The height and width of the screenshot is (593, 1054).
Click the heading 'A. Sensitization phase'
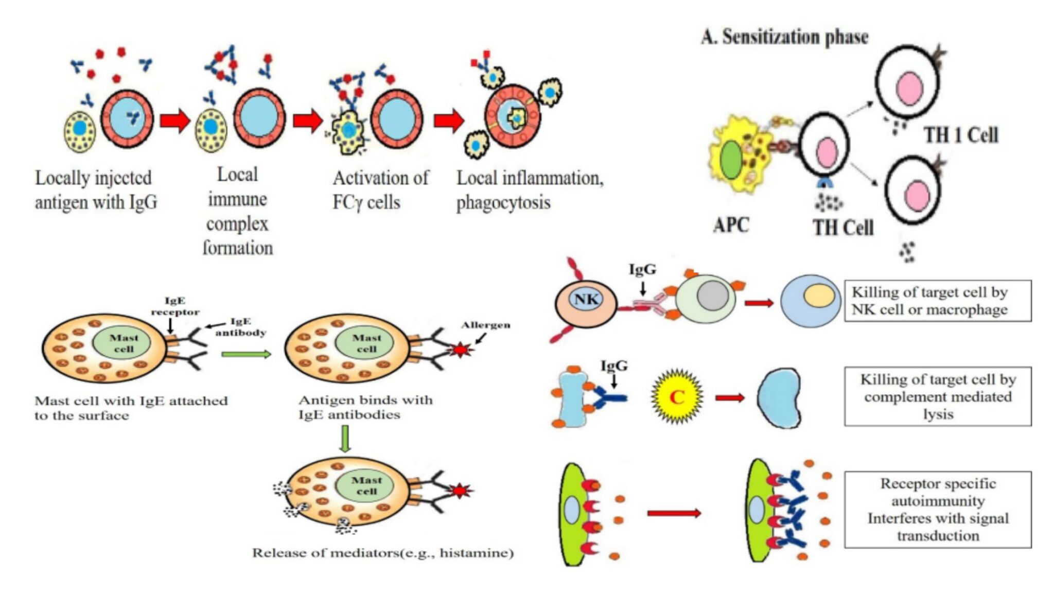[x=784, y=37]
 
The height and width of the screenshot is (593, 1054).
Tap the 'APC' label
[x=731, y=225]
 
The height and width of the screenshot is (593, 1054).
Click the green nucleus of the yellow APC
[x=731, y=160]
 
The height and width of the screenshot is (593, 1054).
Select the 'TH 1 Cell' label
[x=960, y=135]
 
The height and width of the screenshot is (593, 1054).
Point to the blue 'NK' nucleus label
[x=586, y=299]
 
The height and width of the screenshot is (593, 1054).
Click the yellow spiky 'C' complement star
[x=677, y=397]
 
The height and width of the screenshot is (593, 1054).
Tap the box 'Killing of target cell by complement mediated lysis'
[x=938, y=396]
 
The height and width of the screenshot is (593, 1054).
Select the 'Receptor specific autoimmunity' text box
[x=938, y=509]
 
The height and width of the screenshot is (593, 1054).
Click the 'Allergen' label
[x=485, y=325]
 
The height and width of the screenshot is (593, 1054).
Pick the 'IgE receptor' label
[x=174, y=306]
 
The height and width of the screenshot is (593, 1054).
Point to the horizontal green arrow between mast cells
[x=246, y=354]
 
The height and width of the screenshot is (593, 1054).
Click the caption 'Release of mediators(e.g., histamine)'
[x=382, y=553]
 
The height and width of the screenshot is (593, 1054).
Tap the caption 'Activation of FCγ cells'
[x=380, y=190]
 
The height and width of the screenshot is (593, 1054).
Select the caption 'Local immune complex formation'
[x=237, y=211]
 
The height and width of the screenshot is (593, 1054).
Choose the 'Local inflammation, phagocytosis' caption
[x=530, y=190]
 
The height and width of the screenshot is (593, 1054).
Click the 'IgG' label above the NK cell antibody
[x=642, y=269]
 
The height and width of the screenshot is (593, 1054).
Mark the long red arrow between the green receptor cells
[x=674, y=513]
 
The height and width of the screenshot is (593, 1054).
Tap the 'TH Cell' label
[x=843, y=228]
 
